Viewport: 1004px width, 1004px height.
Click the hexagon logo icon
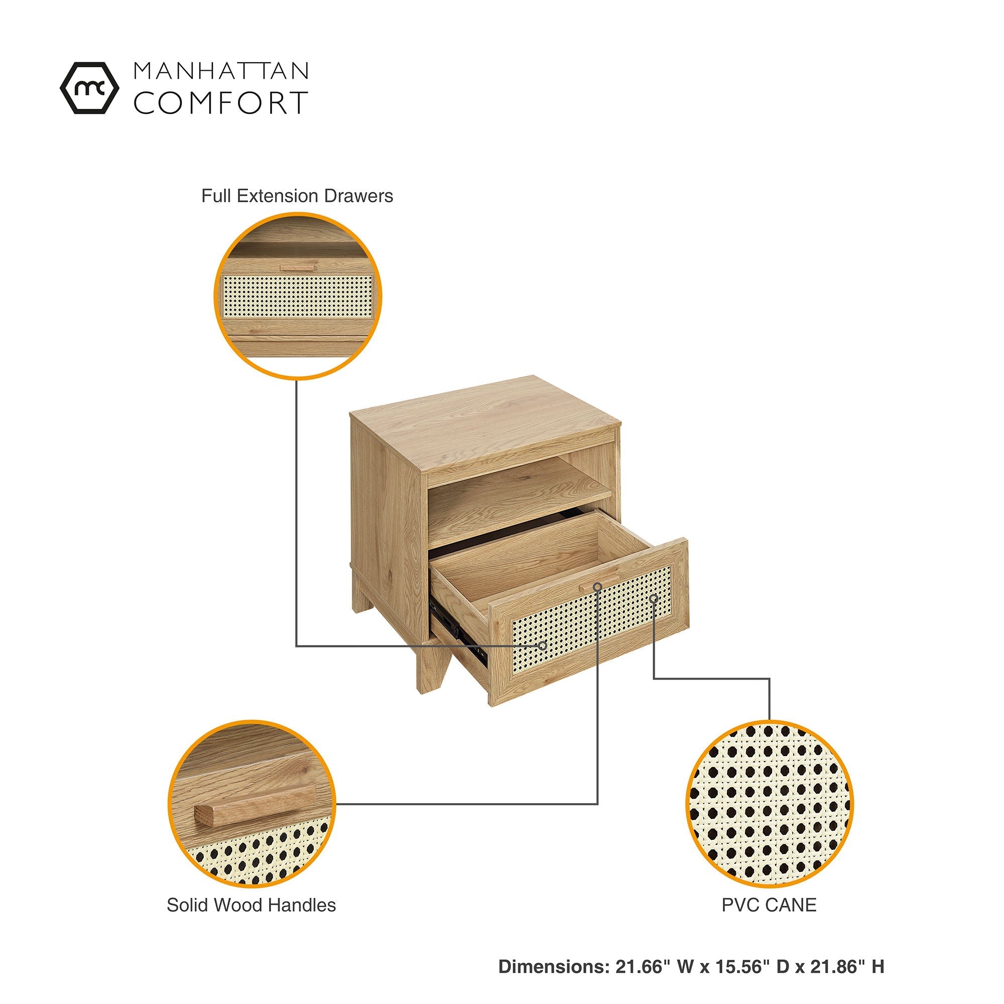coord(89,88)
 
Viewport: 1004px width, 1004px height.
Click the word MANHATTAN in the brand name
coord(221,71)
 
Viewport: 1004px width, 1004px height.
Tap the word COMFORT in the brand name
coord(221,102)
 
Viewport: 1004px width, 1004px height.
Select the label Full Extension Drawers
coord(297,196)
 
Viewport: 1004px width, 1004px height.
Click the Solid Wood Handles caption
coord(251,905)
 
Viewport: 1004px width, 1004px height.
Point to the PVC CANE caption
coord(769,905)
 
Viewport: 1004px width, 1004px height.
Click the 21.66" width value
coord(640,966)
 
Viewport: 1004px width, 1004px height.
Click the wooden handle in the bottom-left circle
coord(255,806)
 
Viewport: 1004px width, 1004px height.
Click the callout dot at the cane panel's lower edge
coord(543,646)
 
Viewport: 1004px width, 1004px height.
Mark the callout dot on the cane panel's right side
coord(654,599)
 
